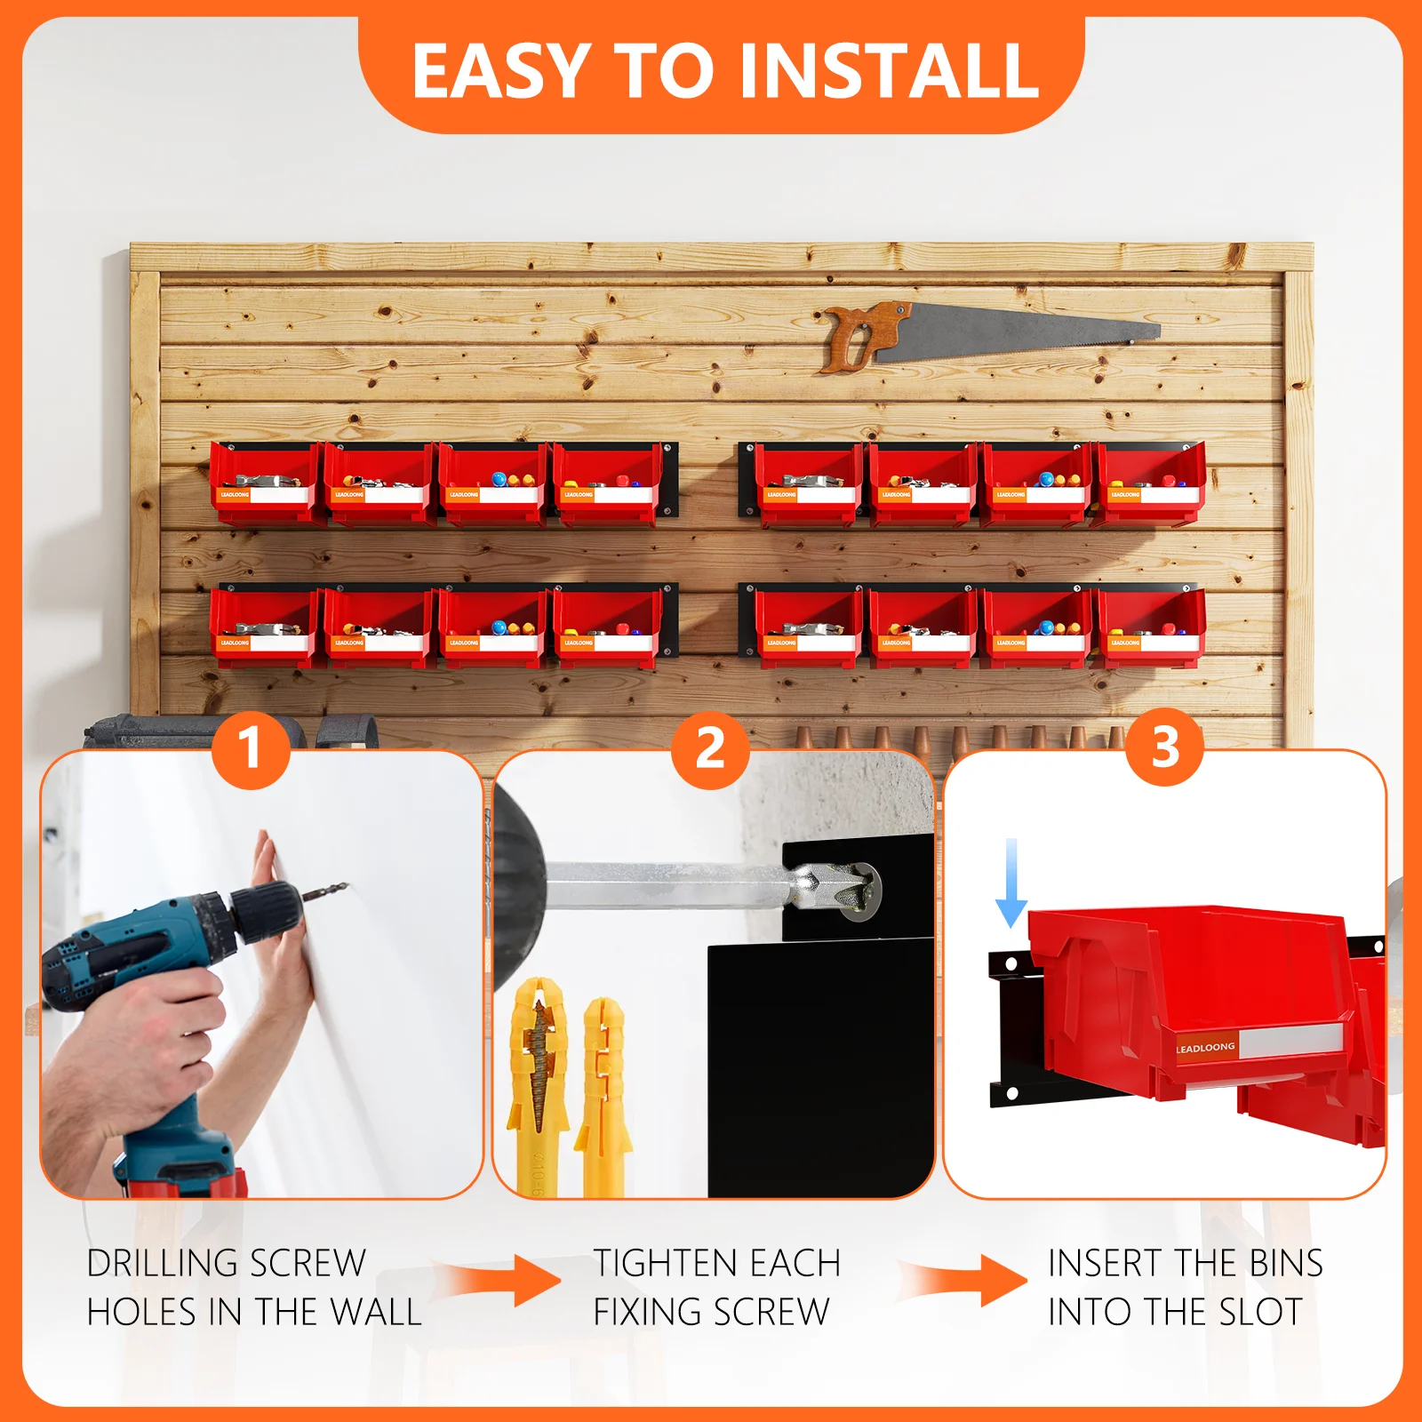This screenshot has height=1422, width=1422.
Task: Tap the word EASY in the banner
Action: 501,71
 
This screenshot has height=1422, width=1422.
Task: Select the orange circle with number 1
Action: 252,748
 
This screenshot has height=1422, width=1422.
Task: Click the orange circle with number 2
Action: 710,748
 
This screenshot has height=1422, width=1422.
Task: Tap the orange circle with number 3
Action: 1165,748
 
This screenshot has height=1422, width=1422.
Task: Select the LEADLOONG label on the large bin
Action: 1205,1048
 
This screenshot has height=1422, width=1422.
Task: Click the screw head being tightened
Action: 859,890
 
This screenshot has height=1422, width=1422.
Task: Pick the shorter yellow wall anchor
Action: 603,1093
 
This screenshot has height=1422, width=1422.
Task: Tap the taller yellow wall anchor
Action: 537,1084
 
